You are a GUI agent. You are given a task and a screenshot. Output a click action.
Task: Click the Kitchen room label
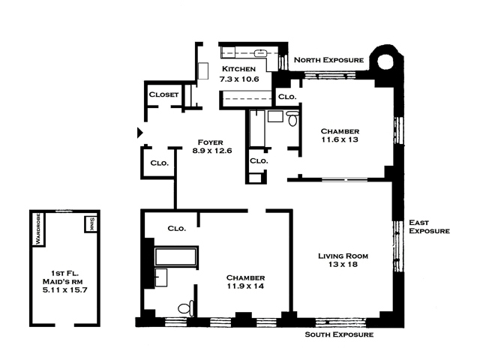click(238, 69)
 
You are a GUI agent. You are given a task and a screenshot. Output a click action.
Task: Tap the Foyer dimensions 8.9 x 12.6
click(212, 151)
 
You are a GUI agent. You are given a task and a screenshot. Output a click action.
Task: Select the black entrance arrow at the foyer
click(140, 133)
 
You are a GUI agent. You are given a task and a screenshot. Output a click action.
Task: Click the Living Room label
click(343, 256)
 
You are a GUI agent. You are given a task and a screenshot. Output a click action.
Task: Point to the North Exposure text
click(328, 60)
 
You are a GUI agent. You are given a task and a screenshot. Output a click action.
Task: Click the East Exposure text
click(429, 226)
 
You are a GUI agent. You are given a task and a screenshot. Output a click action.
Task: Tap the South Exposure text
click(339, 334)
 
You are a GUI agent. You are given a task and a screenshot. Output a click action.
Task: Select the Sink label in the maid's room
click(91, 224)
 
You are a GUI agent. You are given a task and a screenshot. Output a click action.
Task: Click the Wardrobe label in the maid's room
click(38, 229)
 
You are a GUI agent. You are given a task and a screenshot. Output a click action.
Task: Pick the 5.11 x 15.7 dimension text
click(65, 290)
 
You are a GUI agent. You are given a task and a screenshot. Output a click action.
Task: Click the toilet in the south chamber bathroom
click(186, 308)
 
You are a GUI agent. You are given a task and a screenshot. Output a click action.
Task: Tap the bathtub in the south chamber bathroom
click(175, 256)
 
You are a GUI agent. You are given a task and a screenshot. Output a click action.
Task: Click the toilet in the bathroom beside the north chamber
click(292, 118)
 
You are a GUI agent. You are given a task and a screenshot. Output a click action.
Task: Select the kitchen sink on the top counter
click(260, 53)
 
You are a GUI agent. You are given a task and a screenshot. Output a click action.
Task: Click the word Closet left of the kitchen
click(163, 94)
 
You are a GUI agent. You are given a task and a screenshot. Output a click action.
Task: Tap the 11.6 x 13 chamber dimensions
click(340, 139)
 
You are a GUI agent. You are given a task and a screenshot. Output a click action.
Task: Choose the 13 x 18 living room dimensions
click(343, 264)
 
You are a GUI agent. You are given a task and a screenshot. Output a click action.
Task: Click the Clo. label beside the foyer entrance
click(160, 163)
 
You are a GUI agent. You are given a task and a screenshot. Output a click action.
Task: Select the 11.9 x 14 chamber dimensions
click(245, 286)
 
